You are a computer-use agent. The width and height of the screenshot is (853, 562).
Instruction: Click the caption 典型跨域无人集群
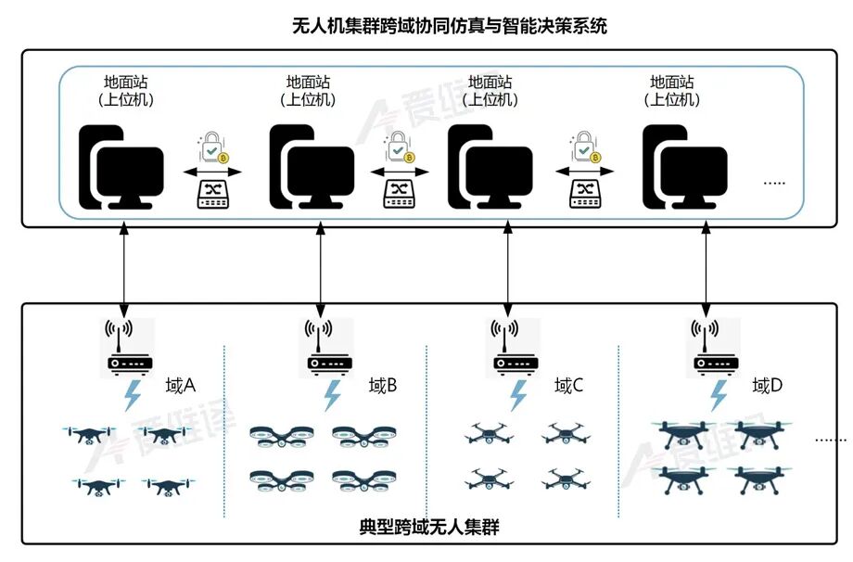click(x=429, y=527)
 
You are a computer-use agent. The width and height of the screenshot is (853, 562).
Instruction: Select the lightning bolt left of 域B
click(x=332, y=396)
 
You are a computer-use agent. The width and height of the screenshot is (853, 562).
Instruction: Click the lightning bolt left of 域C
click(x=518, y=396)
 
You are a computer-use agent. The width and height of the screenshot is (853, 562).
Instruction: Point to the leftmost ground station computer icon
click(x=121, y=168)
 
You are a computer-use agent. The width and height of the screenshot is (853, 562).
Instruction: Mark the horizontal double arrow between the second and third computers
click(x=401, y=172)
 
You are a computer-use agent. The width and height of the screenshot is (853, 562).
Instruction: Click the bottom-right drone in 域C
click(x=564, y=479)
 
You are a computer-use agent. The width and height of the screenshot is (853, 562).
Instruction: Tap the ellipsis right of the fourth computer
click(x=772, y=183)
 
